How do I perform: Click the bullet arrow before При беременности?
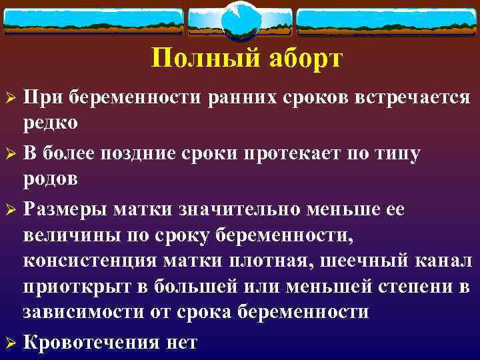point(9,98)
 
